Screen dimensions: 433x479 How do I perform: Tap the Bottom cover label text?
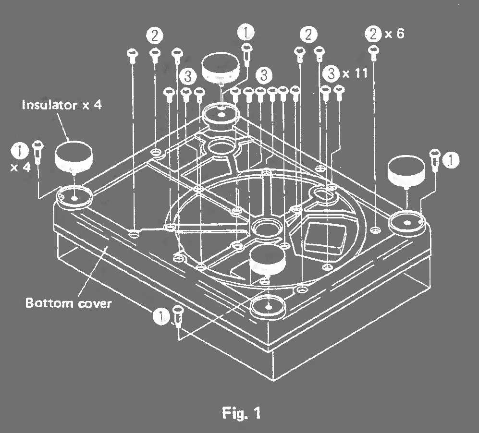tap(68, 303)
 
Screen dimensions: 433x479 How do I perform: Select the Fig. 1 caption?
tap(241, 412)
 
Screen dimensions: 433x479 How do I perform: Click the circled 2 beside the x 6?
tap(373, 35)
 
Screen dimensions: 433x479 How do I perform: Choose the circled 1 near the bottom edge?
tap(161, 315)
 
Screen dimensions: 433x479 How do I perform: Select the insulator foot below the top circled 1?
tap(221, 68)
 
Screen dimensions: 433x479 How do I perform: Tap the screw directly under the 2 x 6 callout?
tap(373, 49)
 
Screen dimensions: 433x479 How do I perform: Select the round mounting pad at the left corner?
tap(74, 196)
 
